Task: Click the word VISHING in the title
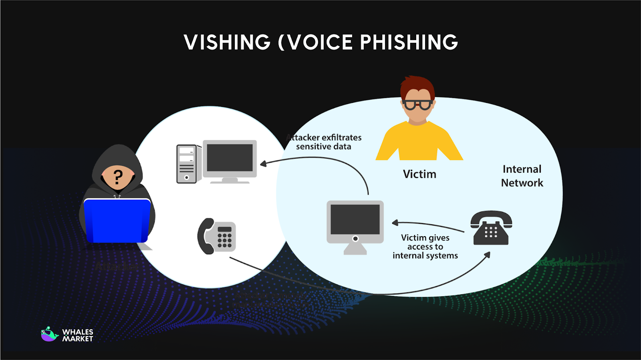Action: point(227,42)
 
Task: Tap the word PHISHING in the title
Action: point(409,42)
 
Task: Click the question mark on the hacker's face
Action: point(118,177)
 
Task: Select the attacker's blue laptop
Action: point(117,221)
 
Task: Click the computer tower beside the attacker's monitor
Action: point(187,164)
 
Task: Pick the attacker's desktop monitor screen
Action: point(230,158)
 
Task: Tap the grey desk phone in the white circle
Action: point(217,236)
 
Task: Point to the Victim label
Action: point(419,174)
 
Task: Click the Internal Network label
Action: point(522,176)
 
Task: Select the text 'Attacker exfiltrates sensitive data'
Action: point(325,142)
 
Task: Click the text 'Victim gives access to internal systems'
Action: point(425,247)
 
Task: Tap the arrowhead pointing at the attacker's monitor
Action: point(263,163)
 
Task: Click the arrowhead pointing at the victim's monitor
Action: point(395,223)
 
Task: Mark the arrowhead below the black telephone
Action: point(487,255)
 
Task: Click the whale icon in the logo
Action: point(49,334)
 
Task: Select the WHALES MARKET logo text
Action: point(78,335)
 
